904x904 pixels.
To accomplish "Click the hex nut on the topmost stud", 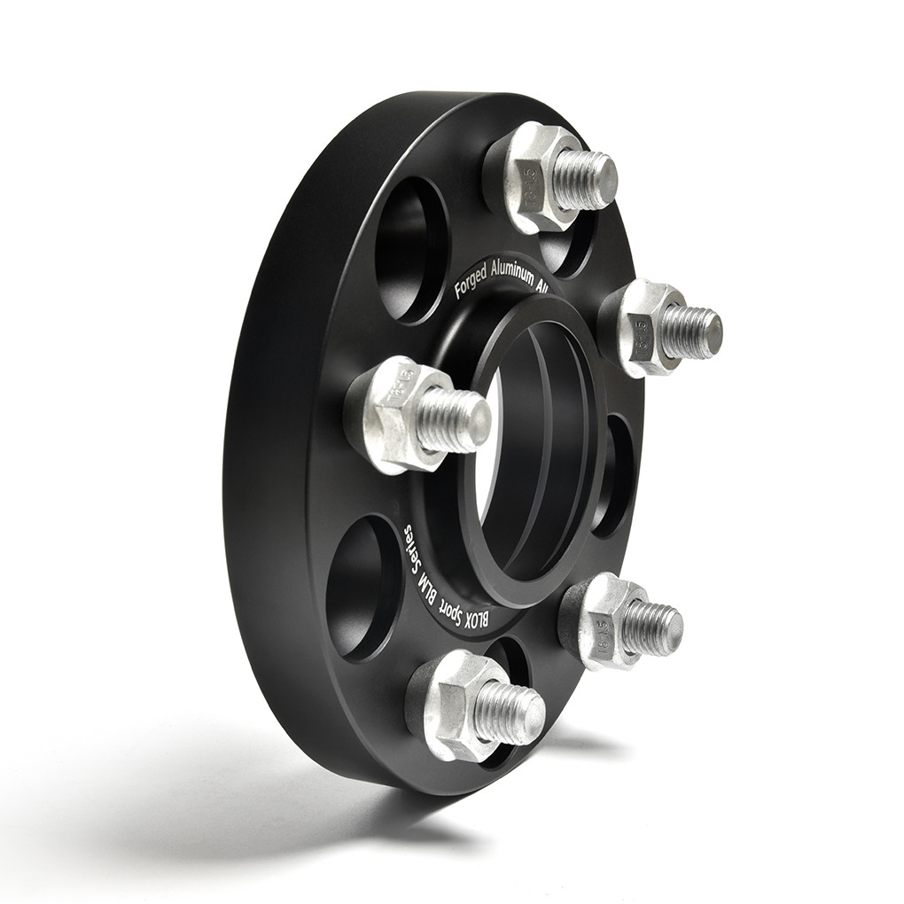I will coord(537,177).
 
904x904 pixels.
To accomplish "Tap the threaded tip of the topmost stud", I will coord(588,180).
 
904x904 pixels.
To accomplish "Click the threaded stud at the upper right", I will coord(691,331).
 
